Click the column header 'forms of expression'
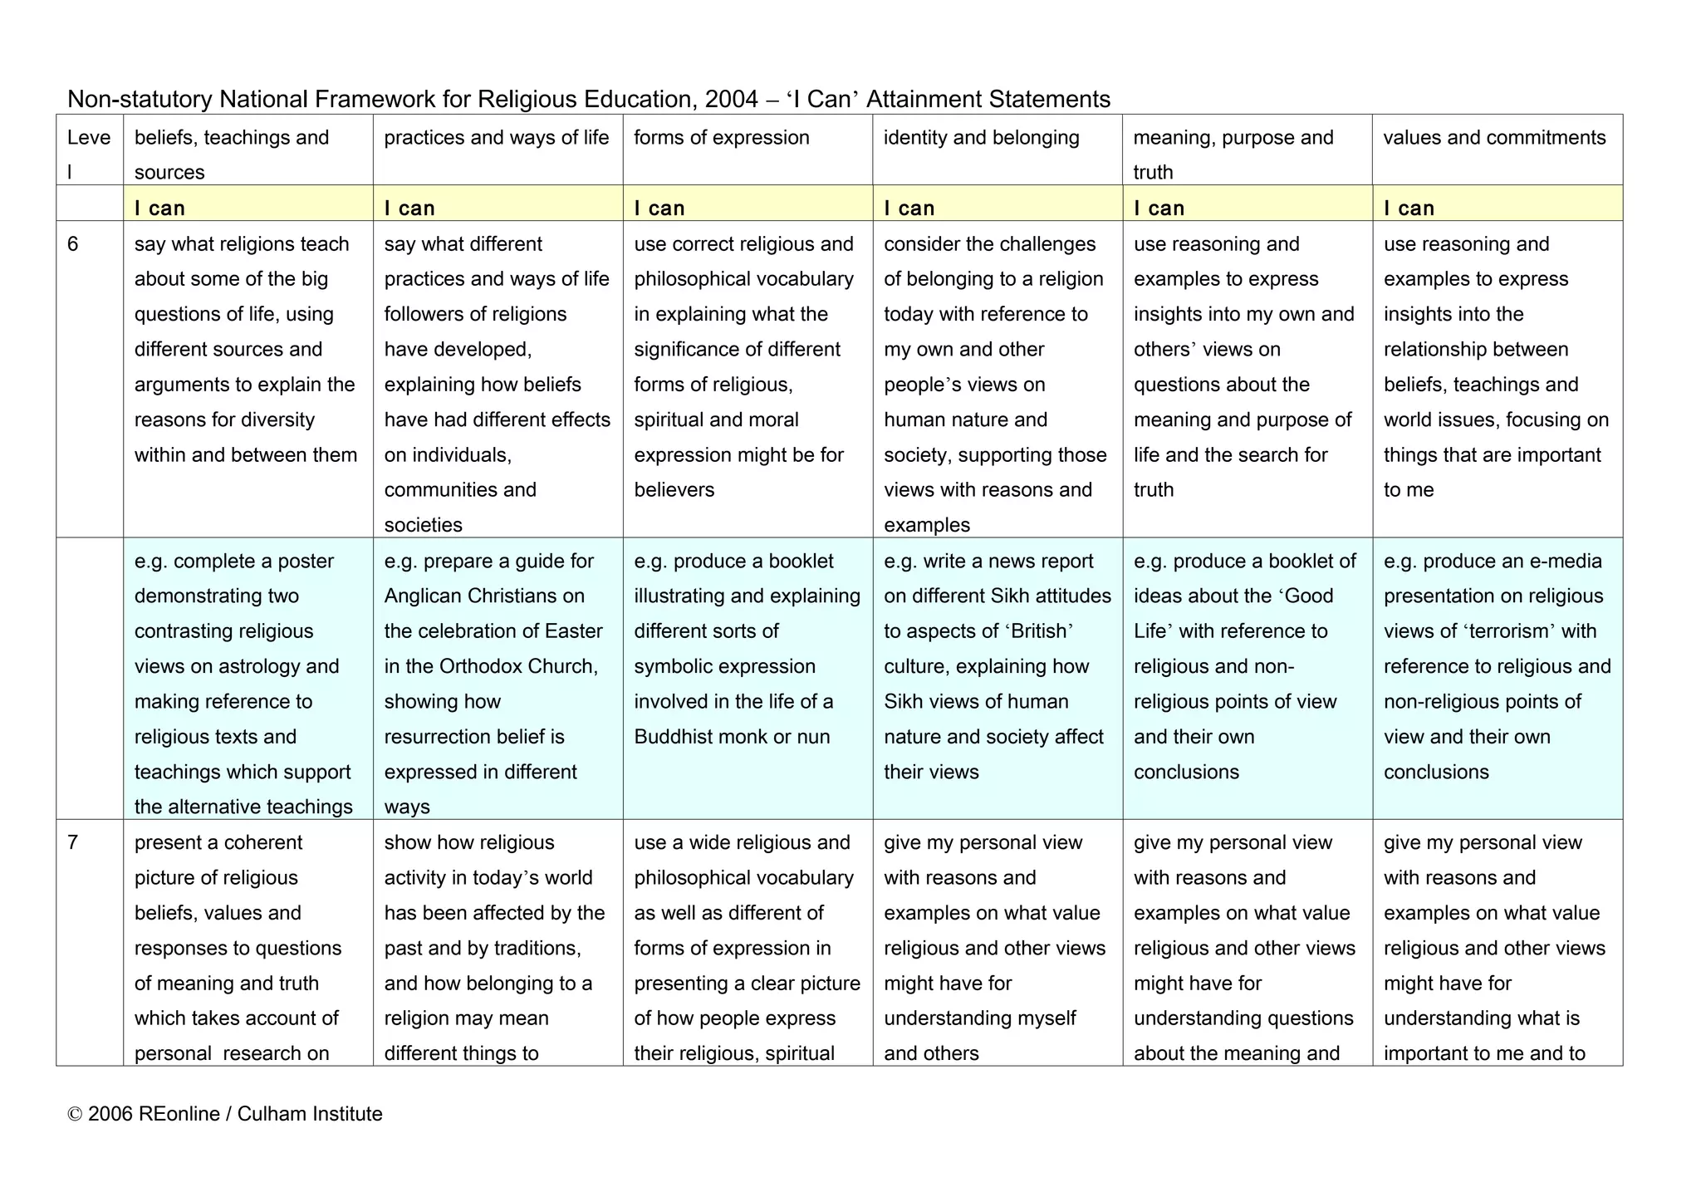[721, 138]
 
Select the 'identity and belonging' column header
[981, 138]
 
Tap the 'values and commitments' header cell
[1494, 138]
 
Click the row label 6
[73, 244]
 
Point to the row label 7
[73, 842]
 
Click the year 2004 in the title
[731, 100]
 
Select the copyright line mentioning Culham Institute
[225, 1114]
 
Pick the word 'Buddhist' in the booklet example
[670, 737]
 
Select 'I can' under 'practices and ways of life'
[409, 208]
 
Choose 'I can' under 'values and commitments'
[1409, 208]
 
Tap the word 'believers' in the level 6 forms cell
[674, 490]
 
